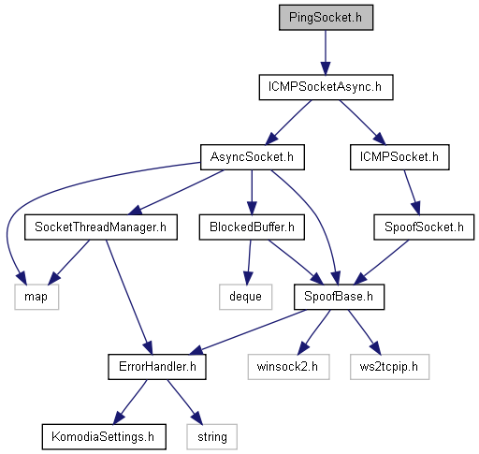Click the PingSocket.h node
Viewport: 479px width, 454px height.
click(x=326, y=18)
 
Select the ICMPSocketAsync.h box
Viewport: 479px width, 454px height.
click(x=326, y=87)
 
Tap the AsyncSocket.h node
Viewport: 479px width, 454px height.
click(x=253, y=157)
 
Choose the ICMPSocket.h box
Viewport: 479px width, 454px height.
click(x=399, y=157)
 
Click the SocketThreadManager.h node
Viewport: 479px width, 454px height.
click(x=101, y=227)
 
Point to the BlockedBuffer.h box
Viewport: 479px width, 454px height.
click(x=252, y=227)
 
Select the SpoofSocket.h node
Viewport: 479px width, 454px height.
click(x=424, y=227)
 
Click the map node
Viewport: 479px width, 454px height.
click(x=36, y=297)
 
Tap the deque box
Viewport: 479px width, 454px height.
click(x=245, y=297)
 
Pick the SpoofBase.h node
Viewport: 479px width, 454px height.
click(x=339, y=297)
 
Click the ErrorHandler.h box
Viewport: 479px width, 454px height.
click(x=157, y=367)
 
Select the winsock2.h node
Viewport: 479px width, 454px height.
click(x=288, y=367)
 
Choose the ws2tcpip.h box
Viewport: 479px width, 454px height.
click(x=389, y=367)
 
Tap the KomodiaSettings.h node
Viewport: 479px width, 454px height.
click(x=104, y=437)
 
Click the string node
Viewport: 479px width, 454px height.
click(x=212, y=437)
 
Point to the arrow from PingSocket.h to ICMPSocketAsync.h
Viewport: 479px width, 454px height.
click(x=326, y=52)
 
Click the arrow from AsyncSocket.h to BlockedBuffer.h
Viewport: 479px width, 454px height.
click(x=252, y=192)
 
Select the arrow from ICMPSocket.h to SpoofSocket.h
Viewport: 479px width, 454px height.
click(x=412, y=192)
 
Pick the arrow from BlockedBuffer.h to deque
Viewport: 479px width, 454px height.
click(x=249, y=262)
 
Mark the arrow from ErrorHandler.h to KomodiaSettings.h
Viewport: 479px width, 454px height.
click(x=130, y=402)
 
